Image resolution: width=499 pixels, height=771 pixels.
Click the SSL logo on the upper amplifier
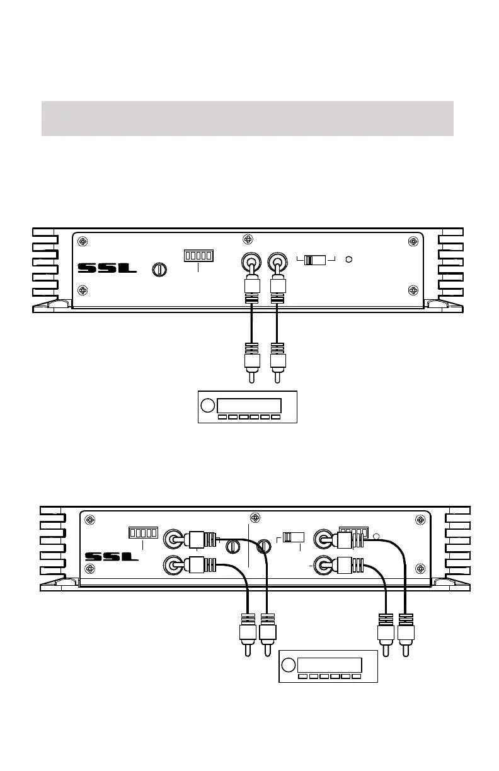tap(106, 268)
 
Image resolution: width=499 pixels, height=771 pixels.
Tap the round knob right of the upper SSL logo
tap(159, 269)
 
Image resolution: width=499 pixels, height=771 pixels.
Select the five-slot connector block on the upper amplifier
tap(198, 256)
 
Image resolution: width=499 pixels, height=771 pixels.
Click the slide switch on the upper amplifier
tap(315, 260)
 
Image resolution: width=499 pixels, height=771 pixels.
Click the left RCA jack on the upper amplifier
tap(252, 261)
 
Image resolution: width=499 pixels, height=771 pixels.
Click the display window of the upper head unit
tap(249, 405)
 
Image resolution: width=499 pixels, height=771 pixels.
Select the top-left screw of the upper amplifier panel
tap(83, 242)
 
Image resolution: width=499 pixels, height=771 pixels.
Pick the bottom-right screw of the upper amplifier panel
tap(413, 290)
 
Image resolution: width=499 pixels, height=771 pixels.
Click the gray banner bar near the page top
tap(247, 118)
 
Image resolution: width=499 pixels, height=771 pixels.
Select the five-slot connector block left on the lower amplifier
tap(142, 533)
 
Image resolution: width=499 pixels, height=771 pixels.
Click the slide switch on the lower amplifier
tap(293, 537)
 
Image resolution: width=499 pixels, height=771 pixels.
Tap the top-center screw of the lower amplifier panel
tap(255, 518)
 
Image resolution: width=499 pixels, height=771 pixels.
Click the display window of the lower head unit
tap(330, 666)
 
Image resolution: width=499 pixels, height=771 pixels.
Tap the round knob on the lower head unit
tap(288, 666)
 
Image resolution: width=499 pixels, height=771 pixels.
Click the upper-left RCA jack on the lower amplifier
tap(172, 539)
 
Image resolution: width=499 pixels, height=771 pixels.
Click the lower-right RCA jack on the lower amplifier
tap(325, 566)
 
